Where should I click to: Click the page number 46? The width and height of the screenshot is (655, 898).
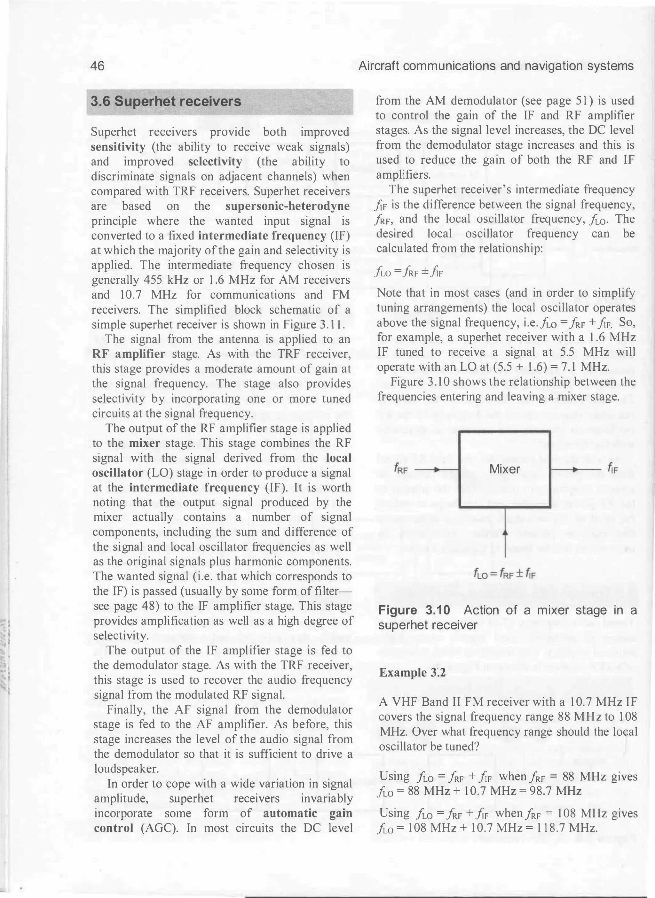pyautogui.click(x=98, y=66)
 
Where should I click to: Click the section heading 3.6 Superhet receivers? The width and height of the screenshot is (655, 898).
pyautogui.click(x=166, y=101)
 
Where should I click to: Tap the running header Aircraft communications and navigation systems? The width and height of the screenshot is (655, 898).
pyautogui.click(x=496, y=66)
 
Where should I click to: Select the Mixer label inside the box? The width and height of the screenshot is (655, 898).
pyautogui.click(x=504, y=469)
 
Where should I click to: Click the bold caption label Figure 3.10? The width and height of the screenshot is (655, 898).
pyautogui.click(x=414, y=610)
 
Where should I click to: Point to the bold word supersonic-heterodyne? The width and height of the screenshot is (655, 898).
pyautogui.click(x=287, y=206)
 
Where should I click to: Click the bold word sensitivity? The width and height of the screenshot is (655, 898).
pyautogui.click(x=118, y=147)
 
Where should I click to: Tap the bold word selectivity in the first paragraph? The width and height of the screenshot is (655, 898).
pyautogui.click(x=215, y=162)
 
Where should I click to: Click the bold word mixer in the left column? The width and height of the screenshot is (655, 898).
pyautogui.click(x=144, y=443)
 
